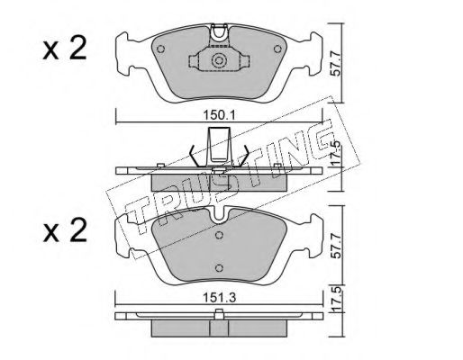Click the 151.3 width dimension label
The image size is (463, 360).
point(220,298)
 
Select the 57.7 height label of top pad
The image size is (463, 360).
point(337,64)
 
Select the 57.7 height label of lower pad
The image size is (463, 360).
point(337,246)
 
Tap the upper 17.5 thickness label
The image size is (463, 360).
point(337,153)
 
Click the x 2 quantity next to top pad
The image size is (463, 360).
point(65,48)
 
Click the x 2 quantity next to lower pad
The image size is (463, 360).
point(65,230)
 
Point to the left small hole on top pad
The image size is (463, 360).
point(161,49)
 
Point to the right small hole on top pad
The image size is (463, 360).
point(277,49)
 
